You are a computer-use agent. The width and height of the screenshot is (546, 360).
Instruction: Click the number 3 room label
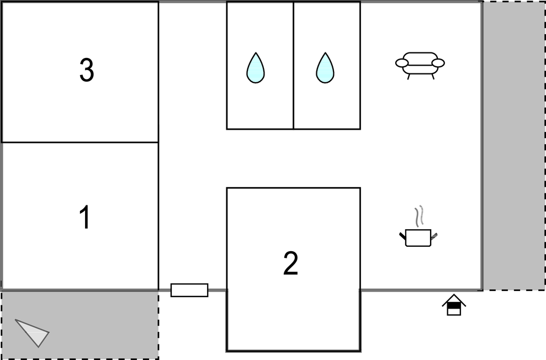coord(87,71)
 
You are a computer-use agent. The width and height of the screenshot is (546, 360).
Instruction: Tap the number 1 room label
coord(84,218)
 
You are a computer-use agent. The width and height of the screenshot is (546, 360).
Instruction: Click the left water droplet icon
coord(255,68)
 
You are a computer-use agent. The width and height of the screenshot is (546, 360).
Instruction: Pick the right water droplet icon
coord(325,68)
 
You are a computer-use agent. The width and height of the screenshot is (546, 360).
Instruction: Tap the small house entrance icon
coord(454,305)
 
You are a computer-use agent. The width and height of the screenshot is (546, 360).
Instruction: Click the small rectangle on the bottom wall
coord(189,290)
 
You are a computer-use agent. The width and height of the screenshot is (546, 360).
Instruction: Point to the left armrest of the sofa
coord(402,63)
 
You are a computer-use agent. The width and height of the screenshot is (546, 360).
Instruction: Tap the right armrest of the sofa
coord(438,63)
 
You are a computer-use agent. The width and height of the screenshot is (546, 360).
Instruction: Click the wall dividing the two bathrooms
coord(293,65)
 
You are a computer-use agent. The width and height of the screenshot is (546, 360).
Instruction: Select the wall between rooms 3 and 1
coord(80,142)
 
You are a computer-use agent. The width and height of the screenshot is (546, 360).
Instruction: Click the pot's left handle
coord(402,236)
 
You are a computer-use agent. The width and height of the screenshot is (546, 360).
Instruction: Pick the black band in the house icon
coord(454,305)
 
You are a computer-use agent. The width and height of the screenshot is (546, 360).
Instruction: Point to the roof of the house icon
coord(454,299)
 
